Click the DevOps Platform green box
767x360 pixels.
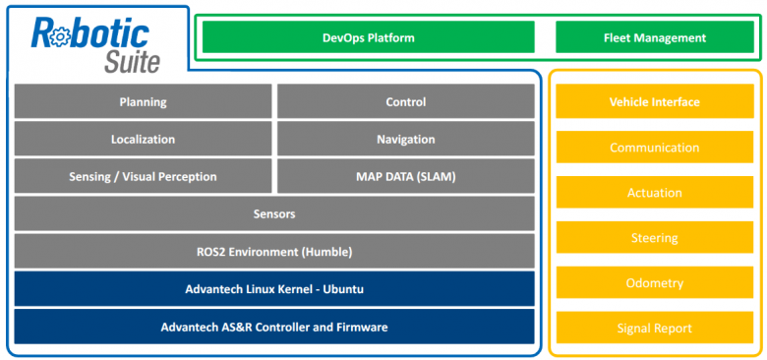[368, 38]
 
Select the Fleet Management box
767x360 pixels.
[654, 38]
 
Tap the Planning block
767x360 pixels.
[143, 102]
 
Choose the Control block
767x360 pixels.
[405, 102]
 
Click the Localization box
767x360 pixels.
[143, 140]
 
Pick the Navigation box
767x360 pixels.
[405, 140]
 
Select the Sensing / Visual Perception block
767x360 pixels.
[143, 177]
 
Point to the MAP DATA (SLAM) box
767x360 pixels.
[405, 177]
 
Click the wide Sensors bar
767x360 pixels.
[273, 213]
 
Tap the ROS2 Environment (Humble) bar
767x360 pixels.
[273, 251]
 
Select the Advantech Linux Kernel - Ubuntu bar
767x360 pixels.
[273, 289]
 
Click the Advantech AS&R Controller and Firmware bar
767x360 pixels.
[273, 327]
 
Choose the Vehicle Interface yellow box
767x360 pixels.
[654, 102]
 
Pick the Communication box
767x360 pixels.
[654, 148]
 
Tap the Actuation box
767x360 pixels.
[654, 193]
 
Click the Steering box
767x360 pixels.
[654, 238]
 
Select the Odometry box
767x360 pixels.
[654, 283]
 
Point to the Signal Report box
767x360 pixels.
[654, 329]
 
